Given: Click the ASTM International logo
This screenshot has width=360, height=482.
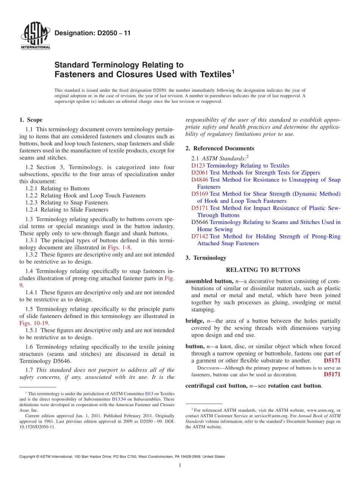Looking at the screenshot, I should pyautogui.click(x=35, y=36).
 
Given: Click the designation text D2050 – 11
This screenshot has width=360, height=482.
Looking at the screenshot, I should pyautogui.click(x=92, y=33).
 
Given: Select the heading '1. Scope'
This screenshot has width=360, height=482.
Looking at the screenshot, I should pyautogui.click(x=31, y=120).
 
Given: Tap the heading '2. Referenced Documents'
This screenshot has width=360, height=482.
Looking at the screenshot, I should pyautogui.click(x=220, y=149).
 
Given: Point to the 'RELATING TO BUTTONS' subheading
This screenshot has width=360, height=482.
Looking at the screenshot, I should pyautogui.click(x=263, y=270).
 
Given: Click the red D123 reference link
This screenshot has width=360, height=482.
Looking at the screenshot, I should pyautogui.click(x=198, y=166).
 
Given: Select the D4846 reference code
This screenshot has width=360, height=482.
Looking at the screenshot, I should pyautogui.click(x=200, y=180).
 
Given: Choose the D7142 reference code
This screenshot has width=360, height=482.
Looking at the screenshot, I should pyautogui.click(x=200, y=236).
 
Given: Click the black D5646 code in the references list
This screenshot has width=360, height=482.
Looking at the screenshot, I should pyautogui.click(x=200, y=222).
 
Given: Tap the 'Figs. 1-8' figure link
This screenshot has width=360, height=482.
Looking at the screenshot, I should pyautogui.click(x=120, y=247).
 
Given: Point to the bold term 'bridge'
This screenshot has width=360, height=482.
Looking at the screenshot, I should pyautogui.click(x=194, y=321).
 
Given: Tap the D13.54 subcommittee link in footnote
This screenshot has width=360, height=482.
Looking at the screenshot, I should pyautogui.click(x=118, y=399).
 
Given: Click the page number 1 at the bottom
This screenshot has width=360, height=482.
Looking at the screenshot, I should pyautogui.click(x=180, y=466).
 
